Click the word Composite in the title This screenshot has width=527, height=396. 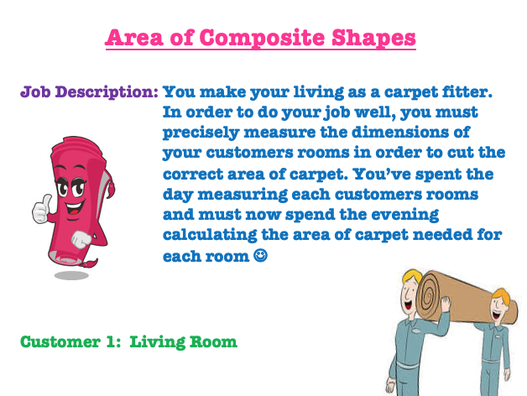tap(262, 39)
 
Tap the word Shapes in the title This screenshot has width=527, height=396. tap(373, 39)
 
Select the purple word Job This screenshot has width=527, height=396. tap(35, 91)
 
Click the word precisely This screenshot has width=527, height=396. tap(201, 133)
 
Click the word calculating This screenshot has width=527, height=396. tap(210, 235)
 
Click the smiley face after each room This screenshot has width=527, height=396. tap(260, 256)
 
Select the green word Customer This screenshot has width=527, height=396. tap(60, 341)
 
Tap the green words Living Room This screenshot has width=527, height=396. tap(183, 342)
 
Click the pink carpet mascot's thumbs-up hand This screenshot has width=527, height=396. tap(42, 209)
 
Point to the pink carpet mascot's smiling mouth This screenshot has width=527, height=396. tap(75, 208)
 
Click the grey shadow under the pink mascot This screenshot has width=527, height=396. tap(71, 275)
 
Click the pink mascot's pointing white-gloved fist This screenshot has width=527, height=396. tap(81, 239)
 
